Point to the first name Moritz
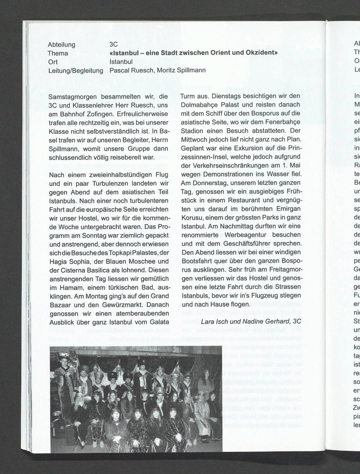(x=166, y=70)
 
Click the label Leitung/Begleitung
(x=76, y=71)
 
